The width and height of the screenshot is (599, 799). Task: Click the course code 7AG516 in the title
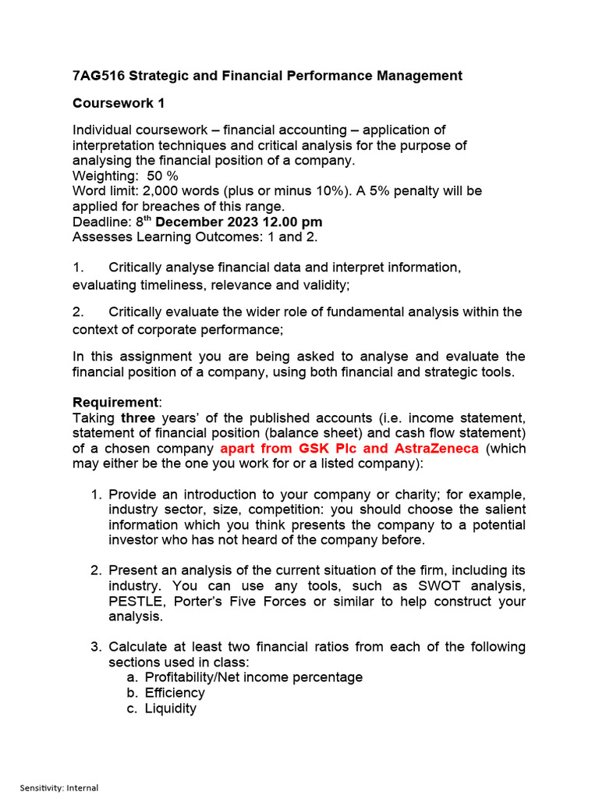(x=97, y=76)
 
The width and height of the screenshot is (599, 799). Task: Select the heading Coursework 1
(x=119, y=103)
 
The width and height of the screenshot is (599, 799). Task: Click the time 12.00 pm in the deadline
(x=292, y=222)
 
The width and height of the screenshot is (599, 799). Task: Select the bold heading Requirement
(x=115, y=403)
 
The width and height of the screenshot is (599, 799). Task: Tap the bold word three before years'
(x=137, y=417)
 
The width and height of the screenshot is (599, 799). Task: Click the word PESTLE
(x=135, y=601)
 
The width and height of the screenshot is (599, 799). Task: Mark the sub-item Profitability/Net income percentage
(x=253, y=677)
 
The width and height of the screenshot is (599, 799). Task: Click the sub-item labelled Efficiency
(x=175, y=693)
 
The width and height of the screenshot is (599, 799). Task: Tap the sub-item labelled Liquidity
(x=170, y=708)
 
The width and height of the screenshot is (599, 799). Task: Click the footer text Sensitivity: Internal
(x=59, y=788)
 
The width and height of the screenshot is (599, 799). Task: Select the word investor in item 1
(x=133, y=540)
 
